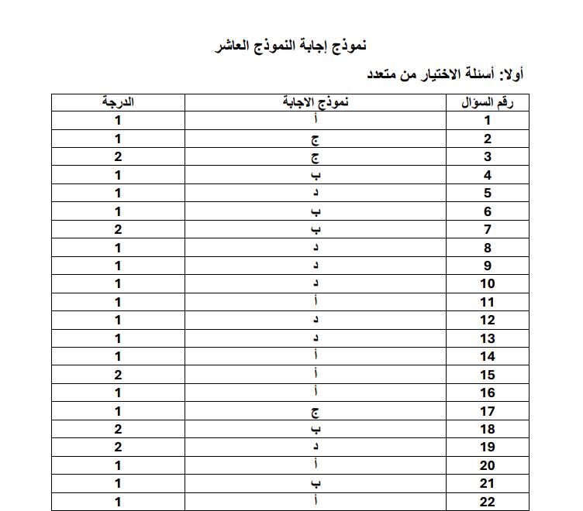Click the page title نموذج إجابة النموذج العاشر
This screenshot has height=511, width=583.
pos(290,46)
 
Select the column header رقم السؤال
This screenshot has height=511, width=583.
pos(488,102)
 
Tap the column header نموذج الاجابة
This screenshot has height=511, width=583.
pos(316,102)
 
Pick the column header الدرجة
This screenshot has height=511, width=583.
pos(118,102)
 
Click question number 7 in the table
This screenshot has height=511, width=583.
pos(488,229)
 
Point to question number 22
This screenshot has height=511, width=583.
pos(488,502)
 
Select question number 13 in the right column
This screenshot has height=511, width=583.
pos(488,338)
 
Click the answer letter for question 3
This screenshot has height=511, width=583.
pos(316,157)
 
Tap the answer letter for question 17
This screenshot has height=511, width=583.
pos(316,411)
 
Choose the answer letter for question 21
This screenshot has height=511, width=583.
pos(316,483)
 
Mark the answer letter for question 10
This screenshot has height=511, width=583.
pos(316,284)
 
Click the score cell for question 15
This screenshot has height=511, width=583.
pos(118,375)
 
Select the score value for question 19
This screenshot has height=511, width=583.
pos(118,447)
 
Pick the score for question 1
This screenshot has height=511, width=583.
pos(118,120)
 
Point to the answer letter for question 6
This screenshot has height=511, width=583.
pos(316,211)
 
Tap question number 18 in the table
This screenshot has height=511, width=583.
pos(488,429)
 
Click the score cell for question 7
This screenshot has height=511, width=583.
pos(118,229)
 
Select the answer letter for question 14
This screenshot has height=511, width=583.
pos(316,356)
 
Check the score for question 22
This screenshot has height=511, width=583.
pos(118,502)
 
